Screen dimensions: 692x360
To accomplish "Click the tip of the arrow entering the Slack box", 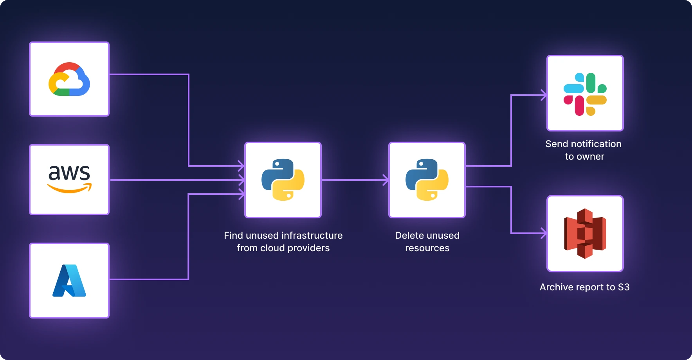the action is (546, 95).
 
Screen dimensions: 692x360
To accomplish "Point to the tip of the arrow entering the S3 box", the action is (546, 233).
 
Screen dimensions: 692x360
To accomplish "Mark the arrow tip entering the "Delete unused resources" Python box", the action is (388, 180).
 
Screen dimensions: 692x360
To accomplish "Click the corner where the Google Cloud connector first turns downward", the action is (189, 74).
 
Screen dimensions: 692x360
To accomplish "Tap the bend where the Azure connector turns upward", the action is (189, 279).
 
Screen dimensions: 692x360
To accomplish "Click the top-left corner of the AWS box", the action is (30, 145).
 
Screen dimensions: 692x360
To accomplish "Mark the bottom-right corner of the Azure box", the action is (109, 317).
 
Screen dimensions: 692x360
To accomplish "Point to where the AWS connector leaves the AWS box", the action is (110, 180).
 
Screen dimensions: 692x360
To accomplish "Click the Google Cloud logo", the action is (69, 79).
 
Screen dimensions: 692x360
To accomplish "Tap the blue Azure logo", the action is (69, 281).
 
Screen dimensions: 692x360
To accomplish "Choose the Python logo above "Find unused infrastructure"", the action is (283, 180).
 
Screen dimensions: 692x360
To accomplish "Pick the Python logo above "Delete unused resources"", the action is (427, 180).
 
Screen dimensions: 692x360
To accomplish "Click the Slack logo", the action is (585, 94).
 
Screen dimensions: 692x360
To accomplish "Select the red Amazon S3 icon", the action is (585, 233).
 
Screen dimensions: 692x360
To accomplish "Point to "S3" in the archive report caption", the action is (624, 287).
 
